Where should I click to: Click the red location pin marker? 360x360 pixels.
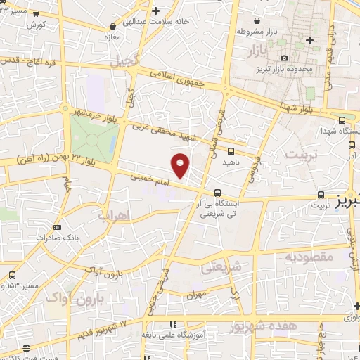pyautogui.click(x=181, y=165)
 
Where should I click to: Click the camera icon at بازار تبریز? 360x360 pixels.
pyautogui.click(x=283, y=58)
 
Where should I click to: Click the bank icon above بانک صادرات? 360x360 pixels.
pyautogui.click(x=57, y=227)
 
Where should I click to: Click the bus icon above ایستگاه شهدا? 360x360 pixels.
pyautogui.click(x=341, y=120)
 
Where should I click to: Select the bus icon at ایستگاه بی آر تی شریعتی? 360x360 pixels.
pyautogui.click(x=218, y=191)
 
